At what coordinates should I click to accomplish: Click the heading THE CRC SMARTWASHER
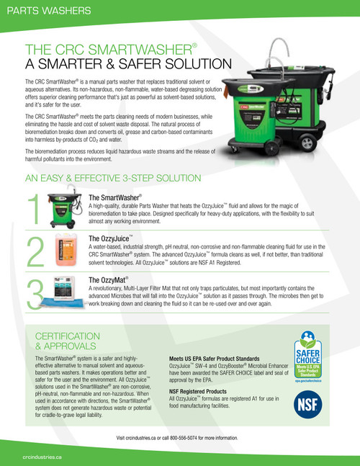pyautogui.click(x=109, y=50)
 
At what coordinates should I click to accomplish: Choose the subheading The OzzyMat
pyautogui.click(x=108, y=279)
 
